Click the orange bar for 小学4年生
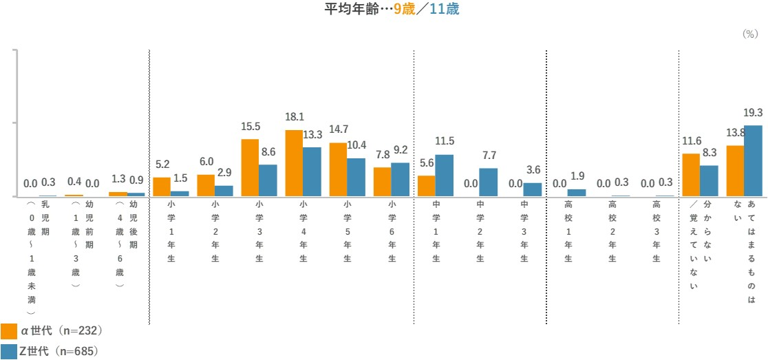(x=294, y=163)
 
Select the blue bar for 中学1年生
(x=444, y=176)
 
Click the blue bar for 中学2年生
(x=488, y=182)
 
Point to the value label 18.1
(x=295, y=118)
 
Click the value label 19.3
(x=753, y=113)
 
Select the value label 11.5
(x=445, y=141)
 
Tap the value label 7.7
(x=489, y=156)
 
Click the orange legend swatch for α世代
(x=9, y=331)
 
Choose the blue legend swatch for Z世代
(x=9, y=351)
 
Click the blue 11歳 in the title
(x=444, y=10)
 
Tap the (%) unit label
(x=749, y=34)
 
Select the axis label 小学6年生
(x=392, y=231)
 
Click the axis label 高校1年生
(x=568, y=231)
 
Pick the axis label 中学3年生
(x=524, y=231)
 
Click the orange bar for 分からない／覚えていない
(x=690, y=175)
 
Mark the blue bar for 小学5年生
(x=356, y=178)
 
